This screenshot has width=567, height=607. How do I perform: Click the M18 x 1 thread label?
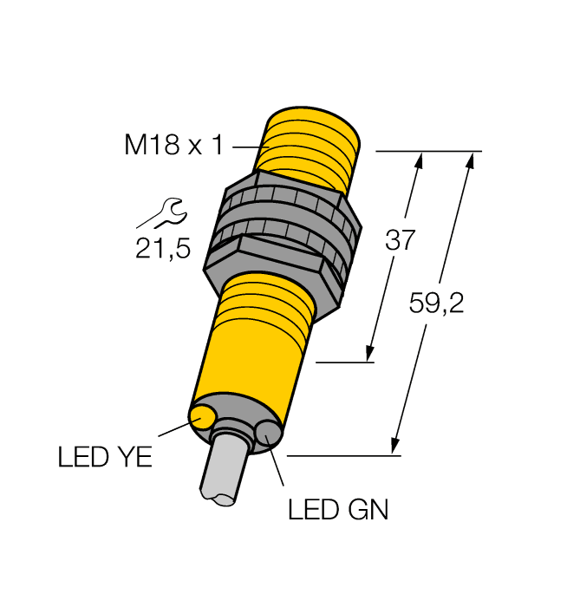tap(174, 145)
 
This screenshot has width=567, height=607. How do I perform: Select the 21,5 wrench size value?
tap(162, 249)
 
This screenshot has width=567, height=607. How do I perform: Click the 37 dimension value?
tap(401, 240)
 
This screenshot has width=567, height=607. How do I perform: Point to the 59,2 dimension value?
tap(435, 303)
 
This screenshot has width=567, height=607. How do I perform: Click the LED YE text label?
tap(105, 457)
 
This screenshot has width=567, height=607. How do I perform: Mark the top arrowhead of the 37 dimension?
tap(420, 161)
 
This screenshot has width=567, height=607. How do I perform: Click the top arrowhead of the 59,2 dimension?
tap(472, 161)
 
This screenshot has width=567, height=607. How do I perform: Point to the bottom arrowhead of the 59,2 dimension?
tap(397, 445)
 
